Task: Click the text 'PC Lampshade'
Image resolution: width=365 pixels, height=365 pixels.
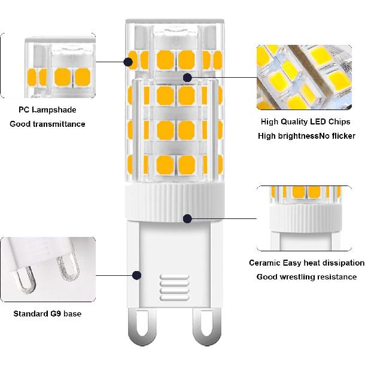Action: (x=47, y=110)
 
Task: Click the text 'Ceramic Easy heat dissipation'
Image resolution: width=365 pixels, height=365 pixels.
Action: (x=306, y=263)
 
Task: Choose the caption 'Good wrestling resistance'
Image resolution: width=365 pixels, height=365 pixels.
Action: (x=306, y=276)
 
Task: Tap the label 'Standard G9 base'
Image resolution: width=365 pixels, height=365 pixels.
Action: (x=47, y=314)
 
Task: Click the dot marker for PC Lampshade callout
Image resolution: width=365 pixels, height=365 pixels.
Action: (x=129, y=61)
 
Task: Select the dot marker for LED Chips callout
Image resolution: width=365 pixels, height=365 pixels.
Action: (x=187, y=77)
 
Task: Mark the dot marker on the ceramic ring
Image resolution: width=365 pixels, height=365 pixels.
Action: (x=187, y=218)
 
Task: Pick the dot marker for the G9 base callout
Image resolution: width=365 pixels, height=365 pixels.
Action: (x=137, y=276)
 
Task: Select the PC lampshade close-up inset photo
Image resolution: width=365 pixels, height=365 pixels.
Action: (x=48, y=66)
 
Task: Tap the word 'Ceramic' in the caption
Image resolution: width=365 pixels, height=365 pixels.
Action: (x=264, y=263)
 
